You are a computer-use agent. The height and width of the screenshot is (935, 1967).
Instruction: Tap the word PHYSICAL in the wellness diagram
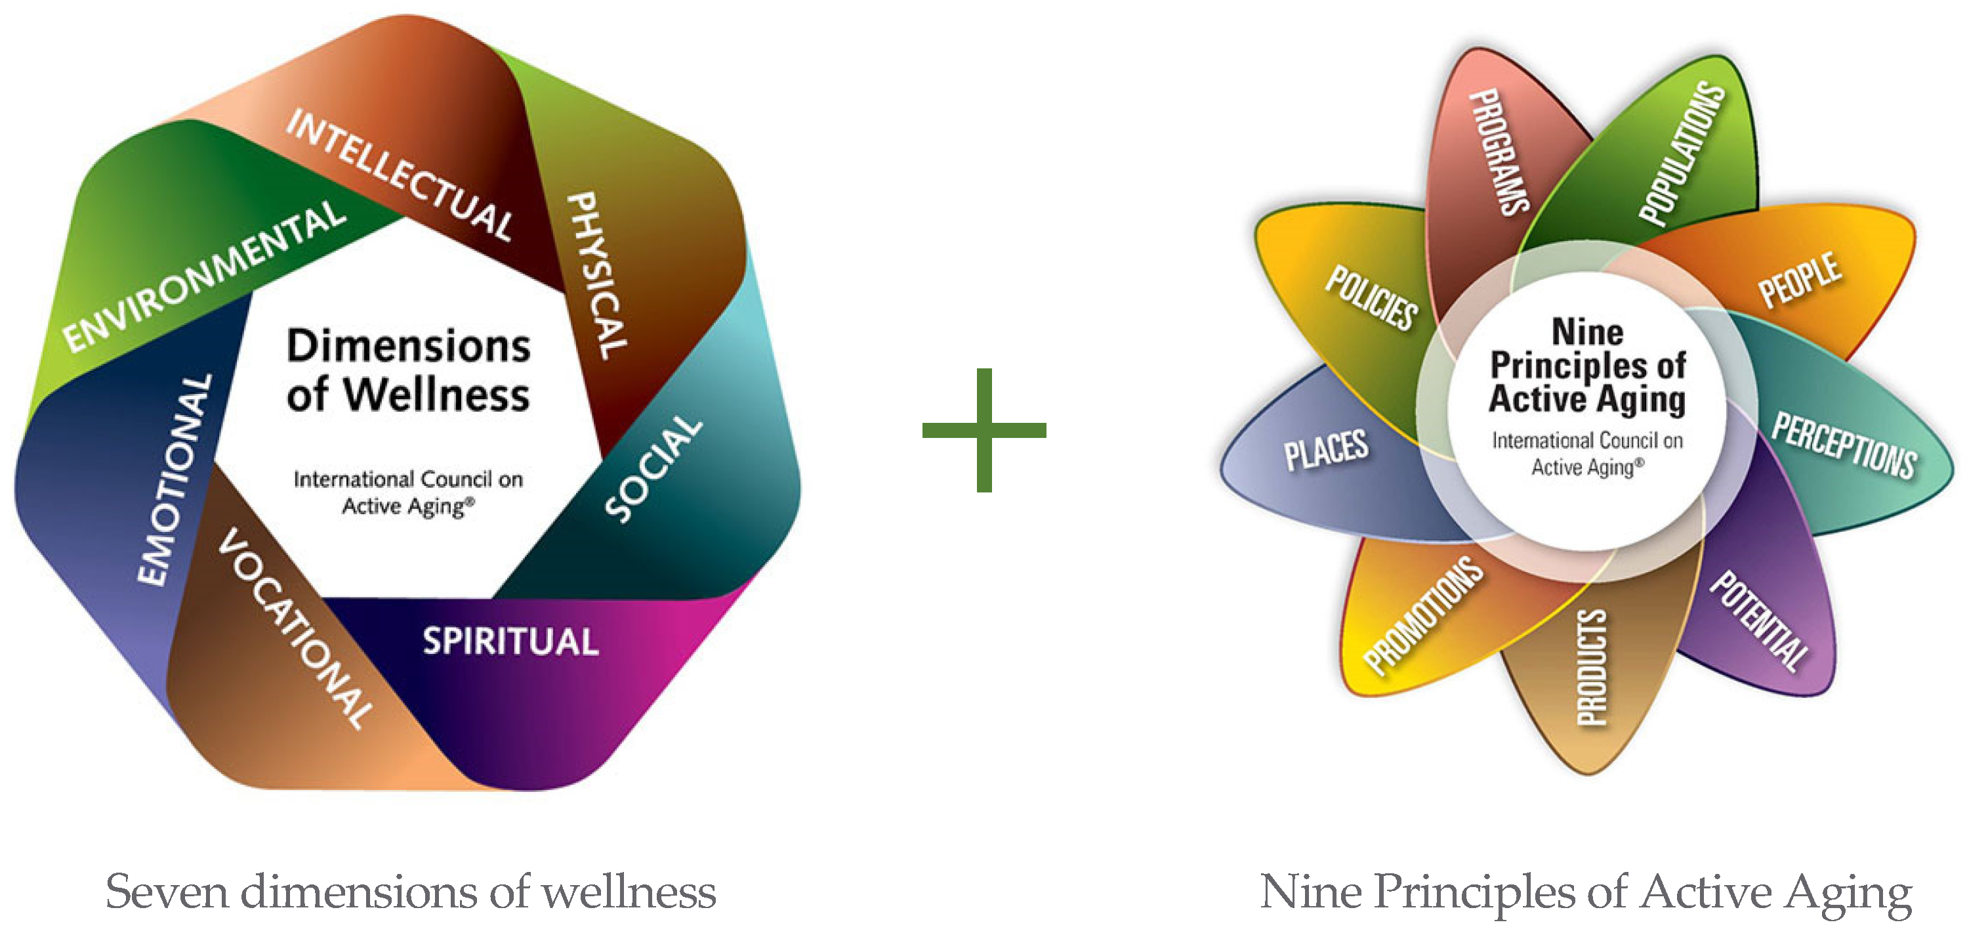[x=598, y=275]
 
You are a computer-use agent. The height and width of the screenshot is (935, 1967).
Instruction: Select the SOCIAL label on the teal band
[x=653, y=468]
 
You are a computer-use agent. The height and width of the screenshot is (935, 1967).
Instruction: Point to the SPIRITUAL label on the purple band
[x=510, y=641]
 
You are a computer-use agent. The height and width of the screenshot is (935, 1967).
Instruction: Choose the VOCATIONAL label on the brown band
[x=297, y=628]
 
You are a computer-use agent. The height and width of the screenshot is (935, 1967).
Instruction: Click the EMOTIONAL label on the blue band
[x=174, y=480]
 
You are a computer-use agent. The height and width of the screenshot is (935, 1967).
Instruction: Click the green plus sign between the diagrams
[x=984, y=430]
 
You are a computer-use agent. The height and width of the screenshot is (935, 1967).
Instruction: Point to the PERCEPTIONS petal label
[x=1843, y=445]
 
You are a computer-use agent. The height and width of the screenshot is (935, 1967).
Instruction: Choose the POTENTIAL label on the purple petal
[x=1758, y=620]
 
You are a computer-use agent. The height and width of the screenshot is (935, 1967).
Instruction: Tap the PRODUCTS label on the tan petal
[x=1592, y=667]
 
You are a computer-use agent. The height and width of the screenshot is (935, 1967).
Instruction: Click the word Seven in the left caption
[x=167, y=892]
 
